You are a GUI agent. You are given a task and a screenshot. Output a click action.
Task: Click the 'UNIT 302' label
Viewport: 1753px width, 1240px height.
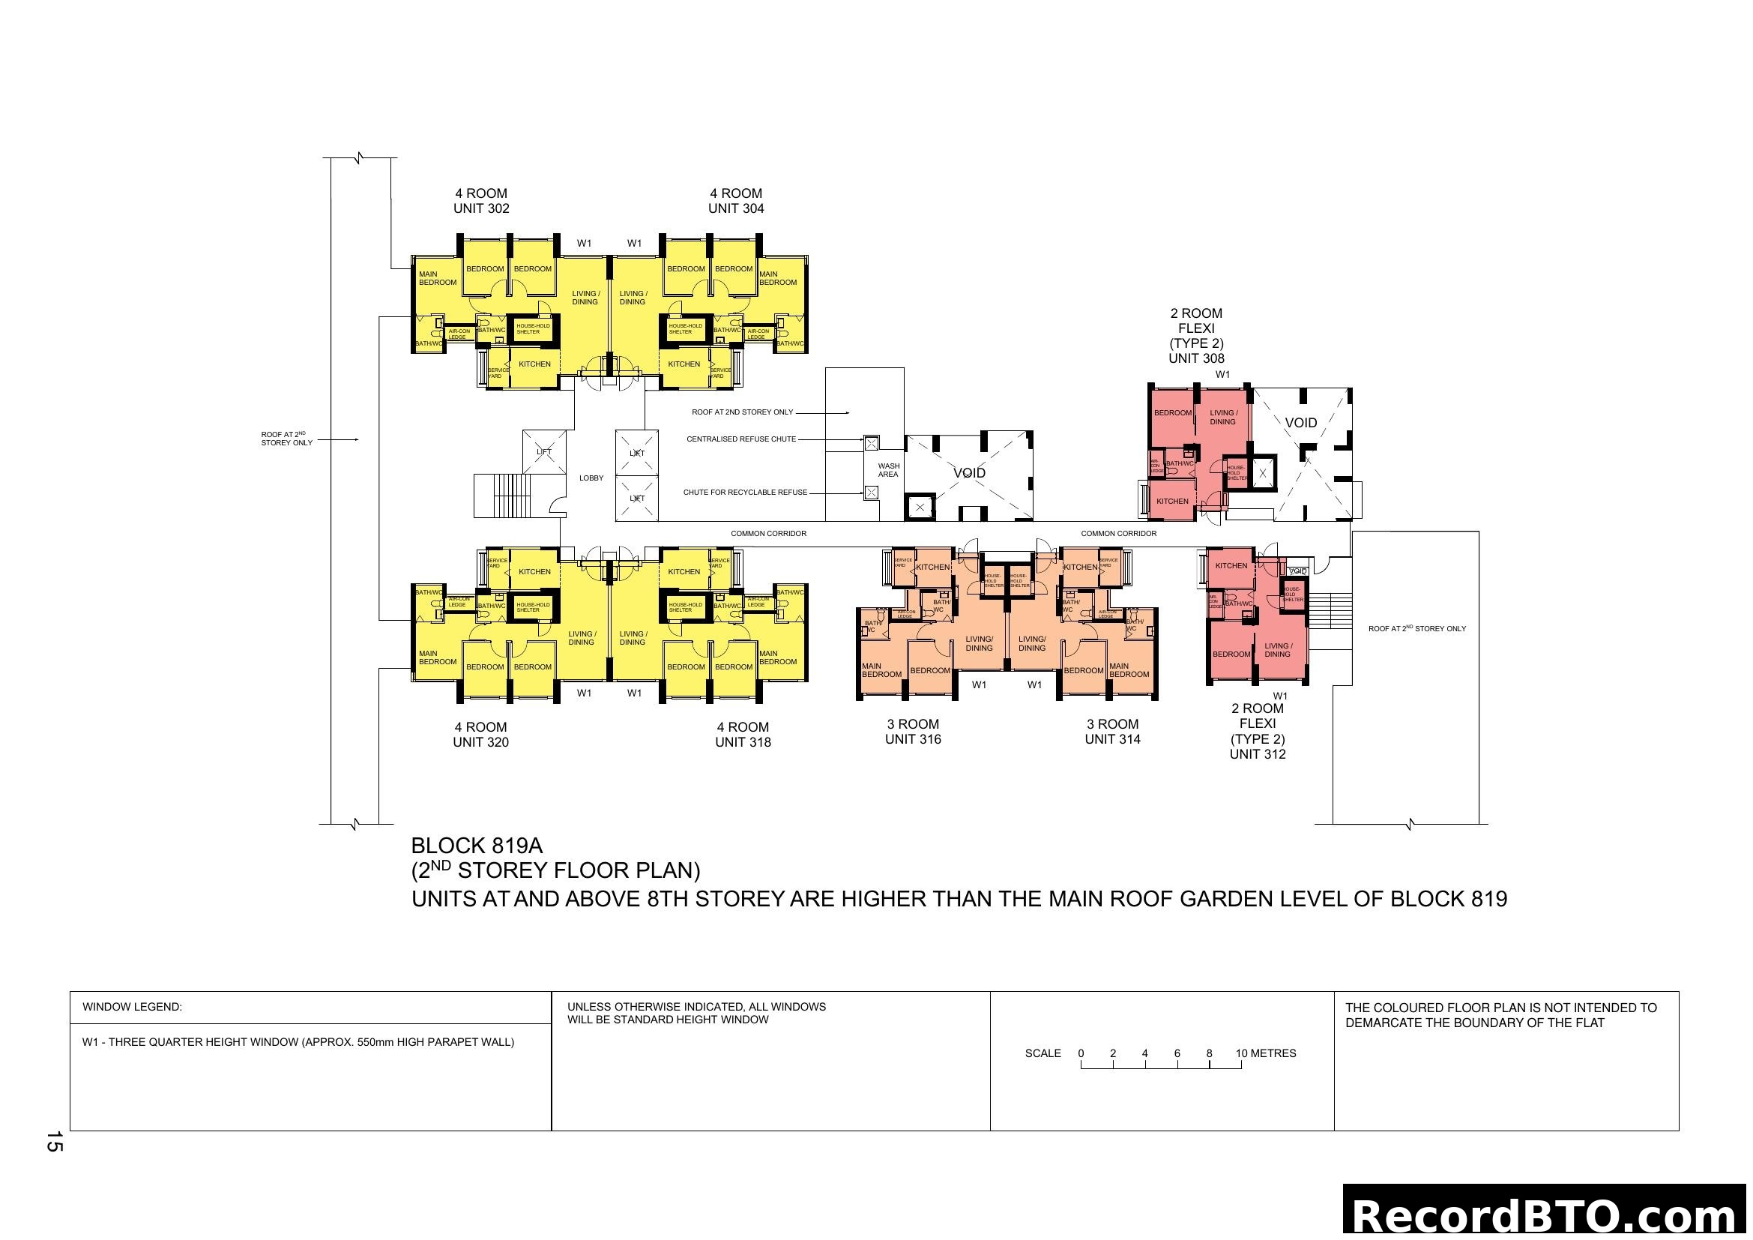point(481,208)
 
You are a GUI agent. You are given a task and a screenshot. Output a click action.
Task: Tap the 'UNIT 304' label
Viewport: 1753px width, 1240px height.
point(736,208)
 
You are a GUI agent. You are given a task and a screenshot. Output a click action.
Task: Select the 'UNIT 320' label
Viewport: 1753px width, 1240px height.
point(481,742)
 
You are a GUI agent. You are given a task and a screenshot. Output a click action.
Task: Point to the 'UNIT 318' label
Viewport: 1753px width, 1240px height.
point(743,742)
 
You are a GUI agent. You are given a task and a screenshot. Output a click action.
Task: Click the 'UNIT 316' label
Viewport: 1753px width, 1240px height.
point(913,739)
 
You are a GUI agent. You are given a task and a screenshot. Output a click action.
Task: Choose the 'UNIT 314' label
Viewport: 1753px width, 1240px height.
point(1112,739)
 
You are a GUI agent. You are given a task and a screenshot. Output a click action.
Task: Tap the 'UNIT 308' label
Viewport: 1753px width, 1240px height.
point(1196,358)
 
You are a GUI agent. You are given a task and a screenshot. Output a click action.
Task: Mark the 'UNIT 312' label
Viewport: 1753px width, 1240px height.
point(1258,754)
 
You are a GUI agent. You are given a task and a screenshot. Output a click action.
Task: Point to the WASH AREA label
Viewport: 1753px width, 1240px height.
point(889,470)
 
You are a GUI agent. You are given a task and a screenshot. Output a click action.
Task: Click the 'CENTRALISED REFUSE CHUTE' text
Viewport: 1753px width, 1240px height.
point(740,439)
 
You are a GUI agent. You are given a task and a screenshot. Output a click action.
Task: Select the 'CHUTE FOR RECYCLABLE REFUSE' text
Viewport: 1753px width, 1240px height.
point(745,493)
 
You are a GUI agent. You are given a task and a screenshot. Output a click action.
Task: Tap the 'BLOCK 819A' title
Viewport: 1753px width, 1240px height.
point(477,845)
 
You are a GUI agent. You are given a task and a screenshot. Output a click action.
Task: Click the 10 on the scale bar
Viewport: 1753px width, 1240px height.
point(1241,1053)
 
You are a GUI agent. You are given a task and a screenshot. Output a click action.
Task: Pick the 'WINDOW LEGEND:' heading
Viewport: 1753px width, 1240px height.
point(132,1007)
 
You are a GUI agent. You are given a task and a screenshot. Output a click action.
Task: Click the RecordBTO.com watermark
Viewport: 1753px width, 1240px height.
point(1547,1215)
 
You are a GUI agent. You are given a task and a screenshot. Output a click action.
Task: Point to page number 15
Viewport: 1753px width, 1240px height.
point(54,1143)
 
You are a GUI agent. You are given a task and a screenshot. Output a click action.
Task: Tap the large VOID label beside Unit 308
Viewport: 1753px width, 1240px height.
point(1301,423)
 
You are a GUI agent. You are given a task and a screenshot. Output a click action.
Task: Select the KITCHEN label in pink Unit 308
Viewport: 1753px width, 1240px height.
point(1173,502)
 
